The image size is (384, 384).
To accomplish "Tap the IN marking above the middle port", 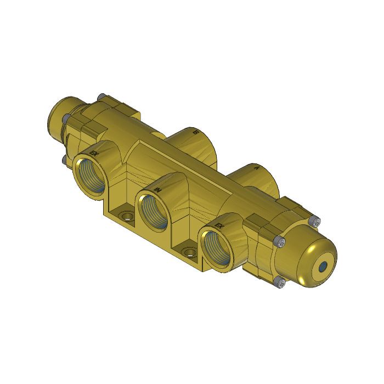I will [x=157, y=189].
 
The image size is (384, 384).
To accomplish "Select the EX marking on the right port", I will [x=220, y=227].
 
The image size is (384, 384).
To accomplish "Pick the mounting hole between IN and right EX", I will [x=190, y=253].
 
